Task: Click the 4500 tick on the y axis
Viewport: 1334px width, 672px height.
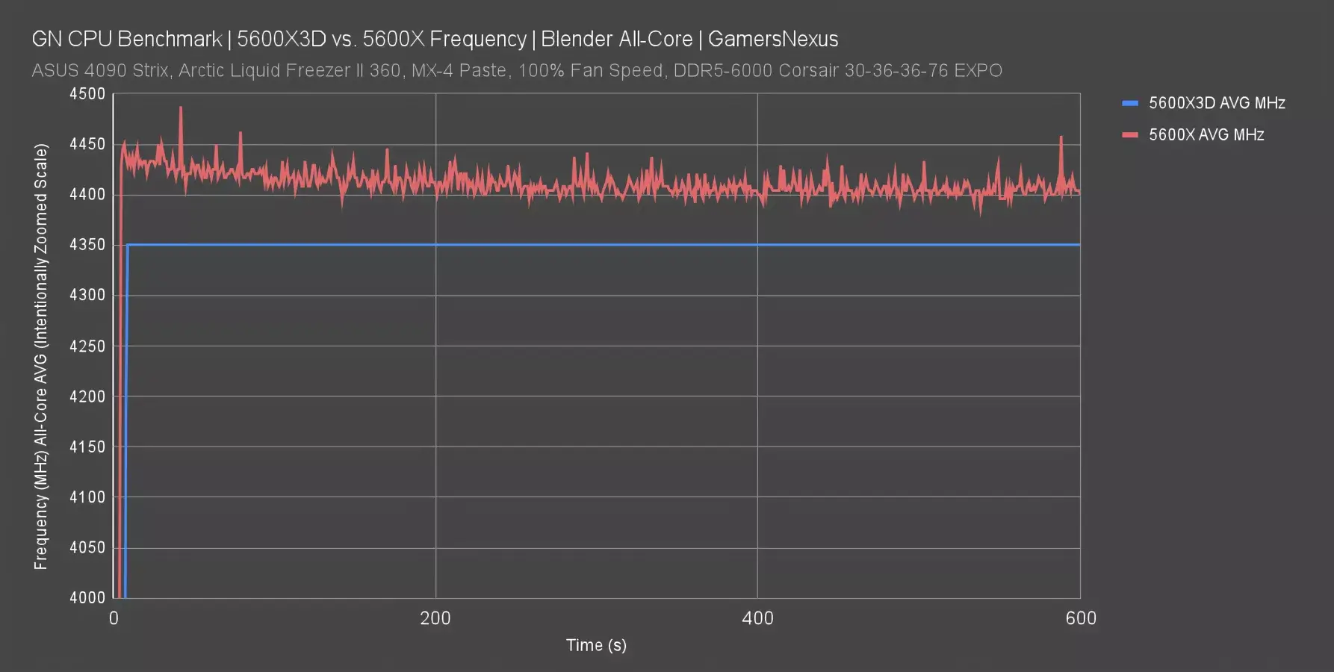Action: [x=87, y=94]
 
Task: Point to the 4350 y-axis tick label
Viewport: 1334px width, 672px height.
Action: [x=87, y=245]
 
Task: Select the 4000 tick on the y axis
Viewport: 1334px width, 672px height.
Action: [x=87, y=597]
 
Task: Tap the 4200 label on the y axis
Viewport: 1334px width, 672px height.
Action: [x=87, y=396]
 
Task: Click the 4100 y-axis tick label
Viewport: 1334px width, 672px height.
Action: [x=87, y=497]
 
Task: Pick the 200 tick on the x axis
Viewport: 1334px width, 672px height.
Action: [x=435, y=618]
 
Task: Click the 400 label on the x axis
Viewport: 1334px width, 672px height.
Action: [x=757, y=618]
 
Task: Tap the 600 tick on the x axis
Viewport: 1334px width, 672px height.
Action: [x=1080, y=618]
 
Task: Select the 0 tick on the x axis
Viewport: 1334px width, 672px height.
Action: [x=114, y=618]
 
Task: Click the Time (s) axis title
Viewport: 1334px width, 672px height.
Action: [x=596, y=645]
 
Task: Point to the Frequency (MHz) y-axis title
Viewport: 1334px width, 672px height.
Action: [x=40, y=357]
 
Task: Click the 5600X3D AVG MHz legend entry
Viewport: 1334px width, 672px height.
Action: [x=1216, y=103]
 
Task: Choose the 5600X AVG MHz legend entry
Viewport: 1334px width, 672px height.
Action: [x=1206, y=135]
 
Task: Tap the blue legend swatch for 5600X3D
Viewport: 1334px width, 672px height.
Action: [x=1130, y=103]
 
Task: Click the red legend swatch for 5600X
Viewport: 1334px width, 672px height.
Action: [x=1130, y=135]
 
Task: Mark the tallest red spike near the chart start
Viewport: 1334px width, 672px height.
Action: [x=181, y=108]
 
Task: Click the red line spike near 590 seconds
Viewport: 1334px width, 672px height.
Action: [x=1061, y=137]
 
